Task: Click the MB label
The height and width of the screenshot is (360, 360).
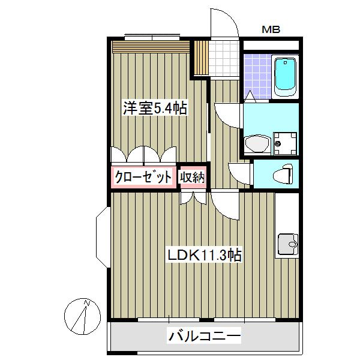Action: pyautogui.click(x=271, y=29)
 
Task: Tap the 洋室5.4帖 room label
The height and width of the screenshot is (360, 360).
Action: pyautogui.click(x=155, y=108)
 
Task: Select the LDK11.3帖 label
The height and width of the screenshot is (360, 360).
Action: pyautogui.click(x=205, y=255)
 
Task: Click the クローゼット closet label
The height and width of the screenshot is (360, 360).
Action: pyautogui.click(x=143, y=177)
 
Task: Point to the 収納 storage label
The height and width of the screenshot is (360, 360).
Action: pyautogui.click(x=192, y=177)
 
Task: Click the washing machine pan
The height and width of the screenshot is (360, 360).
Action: pyautogui.click(x=285, y=143)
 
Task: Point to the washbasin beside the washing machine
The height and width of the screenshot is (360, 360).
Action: pyautogui.click(x=257, y=143)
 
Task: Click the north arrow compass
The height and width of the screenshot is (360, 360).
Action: pyautogui.click(x=82, y=317)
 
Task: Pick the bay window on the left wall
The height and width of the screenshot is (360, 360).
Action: pyautogui.click(x=103, y=237)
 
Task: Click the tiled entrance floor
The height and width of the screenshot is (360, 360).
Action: pyautogui.click(x=224, y=59)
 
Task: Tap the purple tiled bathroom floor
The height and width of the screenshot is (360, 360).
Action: pyautogui.click(x=257, y=76)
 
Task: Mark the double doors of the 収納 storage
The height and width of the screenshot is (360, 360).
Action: pyautogui.click(x=193, y=198)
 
